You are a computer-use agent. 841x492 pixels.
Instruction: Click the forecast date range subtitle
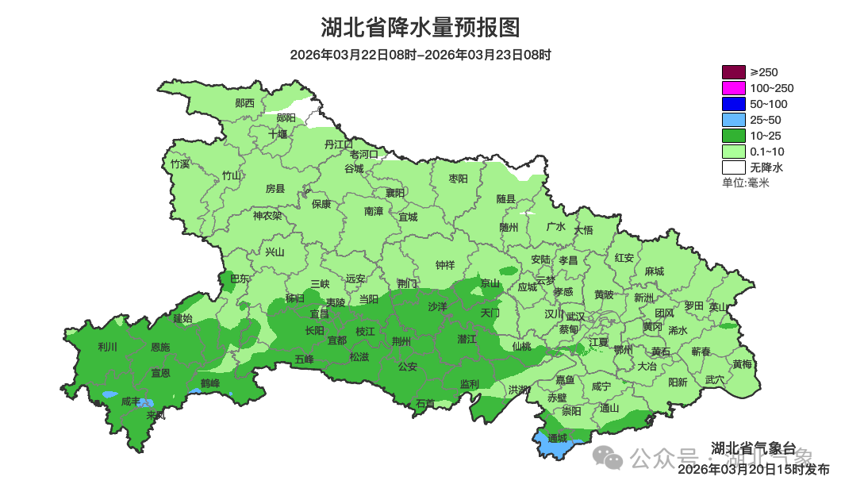point(420,55)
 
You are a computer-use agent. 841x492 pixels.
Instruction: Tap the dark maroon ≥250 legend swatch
point(733,72)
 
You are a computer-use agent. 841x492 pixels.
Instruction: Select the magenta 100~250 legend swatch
point(733,88)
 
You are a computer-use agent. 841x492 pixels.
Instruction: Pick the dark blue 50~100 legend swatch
point(733,104)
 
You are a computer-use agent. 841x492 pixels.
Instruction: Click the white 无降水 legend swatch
point(733,167)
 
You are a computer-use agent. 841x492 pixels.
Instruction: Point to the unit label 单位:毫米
point(745,183)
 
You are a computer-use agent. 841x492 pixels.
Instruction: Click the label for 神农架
point(267,215)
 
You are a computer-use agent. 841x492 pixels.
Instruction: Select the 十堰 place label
point(277,134)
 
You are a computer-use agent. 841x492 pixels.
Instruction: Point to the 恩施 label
point(160,347)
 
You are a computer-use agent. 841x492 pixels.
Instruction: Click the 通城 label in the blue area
point(558,437)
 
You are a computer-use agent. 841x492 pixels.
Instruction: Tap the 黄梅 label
point(742,364)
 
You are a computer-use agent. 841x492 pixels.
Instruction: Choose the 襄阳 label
point(395,193)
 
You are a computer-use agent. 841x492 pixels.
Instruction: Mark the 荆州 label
point(401,341)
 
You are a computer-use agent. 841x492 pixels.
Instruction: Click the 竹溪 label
point(180,164)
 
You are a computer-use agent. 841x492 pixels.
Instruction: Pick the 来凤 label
point(156,415)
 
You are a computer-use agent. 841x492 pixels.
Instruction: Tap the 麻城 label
point(654,271)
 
